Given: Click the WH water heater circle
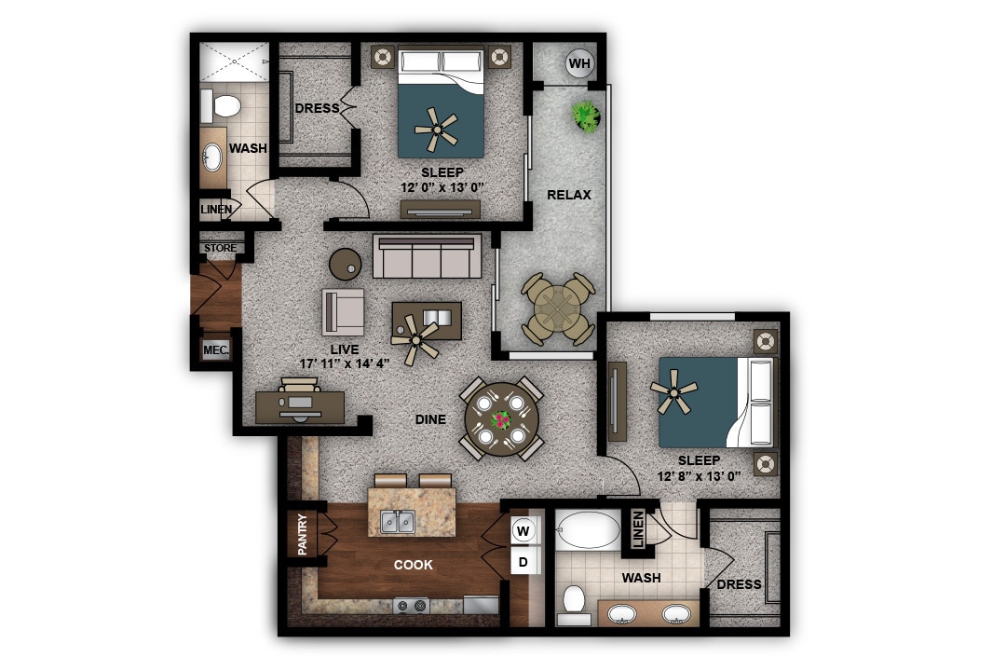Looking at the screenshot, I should pos(579,63).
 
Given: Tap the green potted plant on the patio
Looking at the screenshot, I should pos(586,116).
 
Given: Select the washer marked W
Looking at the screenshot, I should pos(523,531).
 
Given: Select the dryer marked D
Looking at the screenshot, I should pos(523,562).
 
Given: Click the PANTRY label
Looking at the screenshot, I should pos(303,535).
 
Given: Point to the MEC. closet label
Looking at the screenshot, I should pos(215,349).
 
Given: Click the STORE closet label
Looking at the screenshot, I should pos(220,249).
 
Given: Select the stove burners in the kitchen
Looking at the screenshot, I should pos(411,606).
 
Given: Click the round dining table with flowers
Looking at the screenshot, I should pos(502,420).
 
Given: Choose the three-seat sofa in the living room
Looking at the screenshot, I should pos(427,256).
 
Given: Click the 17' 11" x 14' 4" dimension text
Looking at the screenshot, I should pos(346,363).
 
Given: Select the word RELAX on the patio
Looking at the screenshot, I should pos(569,195).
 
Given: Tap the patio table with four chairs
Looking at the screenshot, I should pos(558,308).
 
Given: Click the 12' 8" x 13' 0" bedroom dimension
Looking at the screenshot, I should pos(699,476).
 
